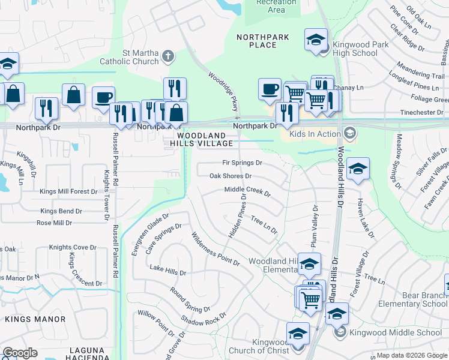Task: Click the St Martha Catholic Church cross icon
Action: click(169, 57)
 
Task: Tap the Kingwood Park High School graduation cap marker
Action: click(316, 40)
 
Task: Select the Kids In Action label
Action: click(315, 134)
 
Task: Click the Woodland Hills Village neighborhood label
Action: click(201, 140)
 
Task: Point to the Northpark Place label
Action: click(256, 41)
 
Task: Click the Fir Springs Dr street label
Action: click(243, 163)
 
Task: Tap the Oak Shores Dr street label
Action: click(230, 176)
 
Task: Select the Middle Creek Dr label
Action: click(247, 191)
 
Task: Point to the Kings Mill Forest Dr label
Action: click(68, 192)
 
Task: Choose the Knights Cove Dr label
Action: click(73, 247)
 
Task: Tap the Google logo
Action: click(20, 353)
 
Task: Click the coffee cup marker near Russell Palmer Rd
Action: click(103, 97)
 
